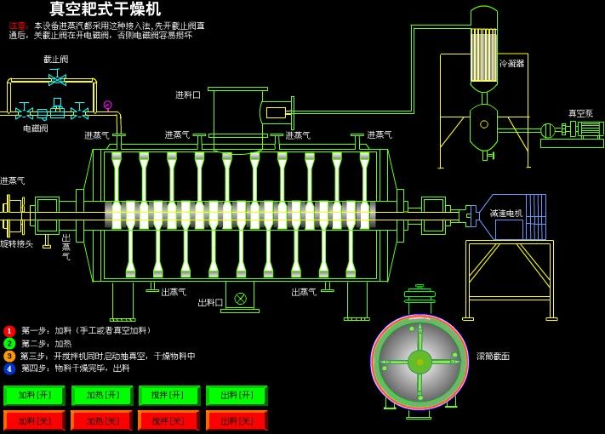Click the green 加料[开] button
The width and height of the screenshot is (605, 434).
pyautogui.click(x=34, y=396)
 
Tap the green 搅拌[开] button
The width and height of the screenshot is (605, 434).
pyautogui.click(x=169, y=396)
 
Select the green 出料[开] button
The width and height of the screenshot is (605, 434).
pyautogui.click(x=237, y=396)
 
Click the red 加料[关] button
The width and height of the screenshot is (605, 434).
pyautogui.click(x=34, y=420)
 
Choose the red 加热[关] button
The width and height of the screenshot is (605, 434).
pyautogui.click(x=101, y=420)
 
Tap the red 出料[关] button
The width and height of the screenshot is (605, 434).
pyautogui.click(x=237, y=420)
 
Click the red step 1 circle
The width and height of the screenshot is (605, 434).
pyautogui.click(x=9, y=331)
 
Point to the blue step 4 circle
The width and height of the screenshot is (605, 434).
pyautogui.click(x=9, y=368)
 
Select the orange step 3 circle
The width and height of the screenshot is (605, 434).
pyautogui.click(x=9, y=357)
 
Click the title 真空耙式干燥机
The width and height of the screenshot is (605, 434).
pyautogui.click(x=105, y=9)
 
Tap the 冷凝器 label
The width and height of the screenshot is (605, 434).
pyautogui.click(x=511, y=63)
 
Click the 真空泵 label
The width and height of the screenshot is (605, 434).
pyautogui.click(x=580, y=113)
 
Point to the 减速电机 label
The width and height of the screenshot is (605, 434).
pyautogui.click(x=505, y=214)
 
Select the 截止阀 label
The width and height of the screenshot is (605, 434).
pyautogui.click(x=56, y=60)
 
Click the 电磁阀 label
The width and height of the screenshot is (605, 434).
pyautogui.click(x=35, y=128)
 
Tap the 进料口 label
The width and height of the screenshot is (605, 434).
pyautogui.click(x=188, y=95)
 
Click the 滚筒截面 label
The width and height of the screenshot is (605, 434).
pyautogui.click(x=493, y=357)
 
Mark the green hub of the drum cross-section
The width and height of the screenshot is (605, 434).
pyautogui.click(x=420, y=362)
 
